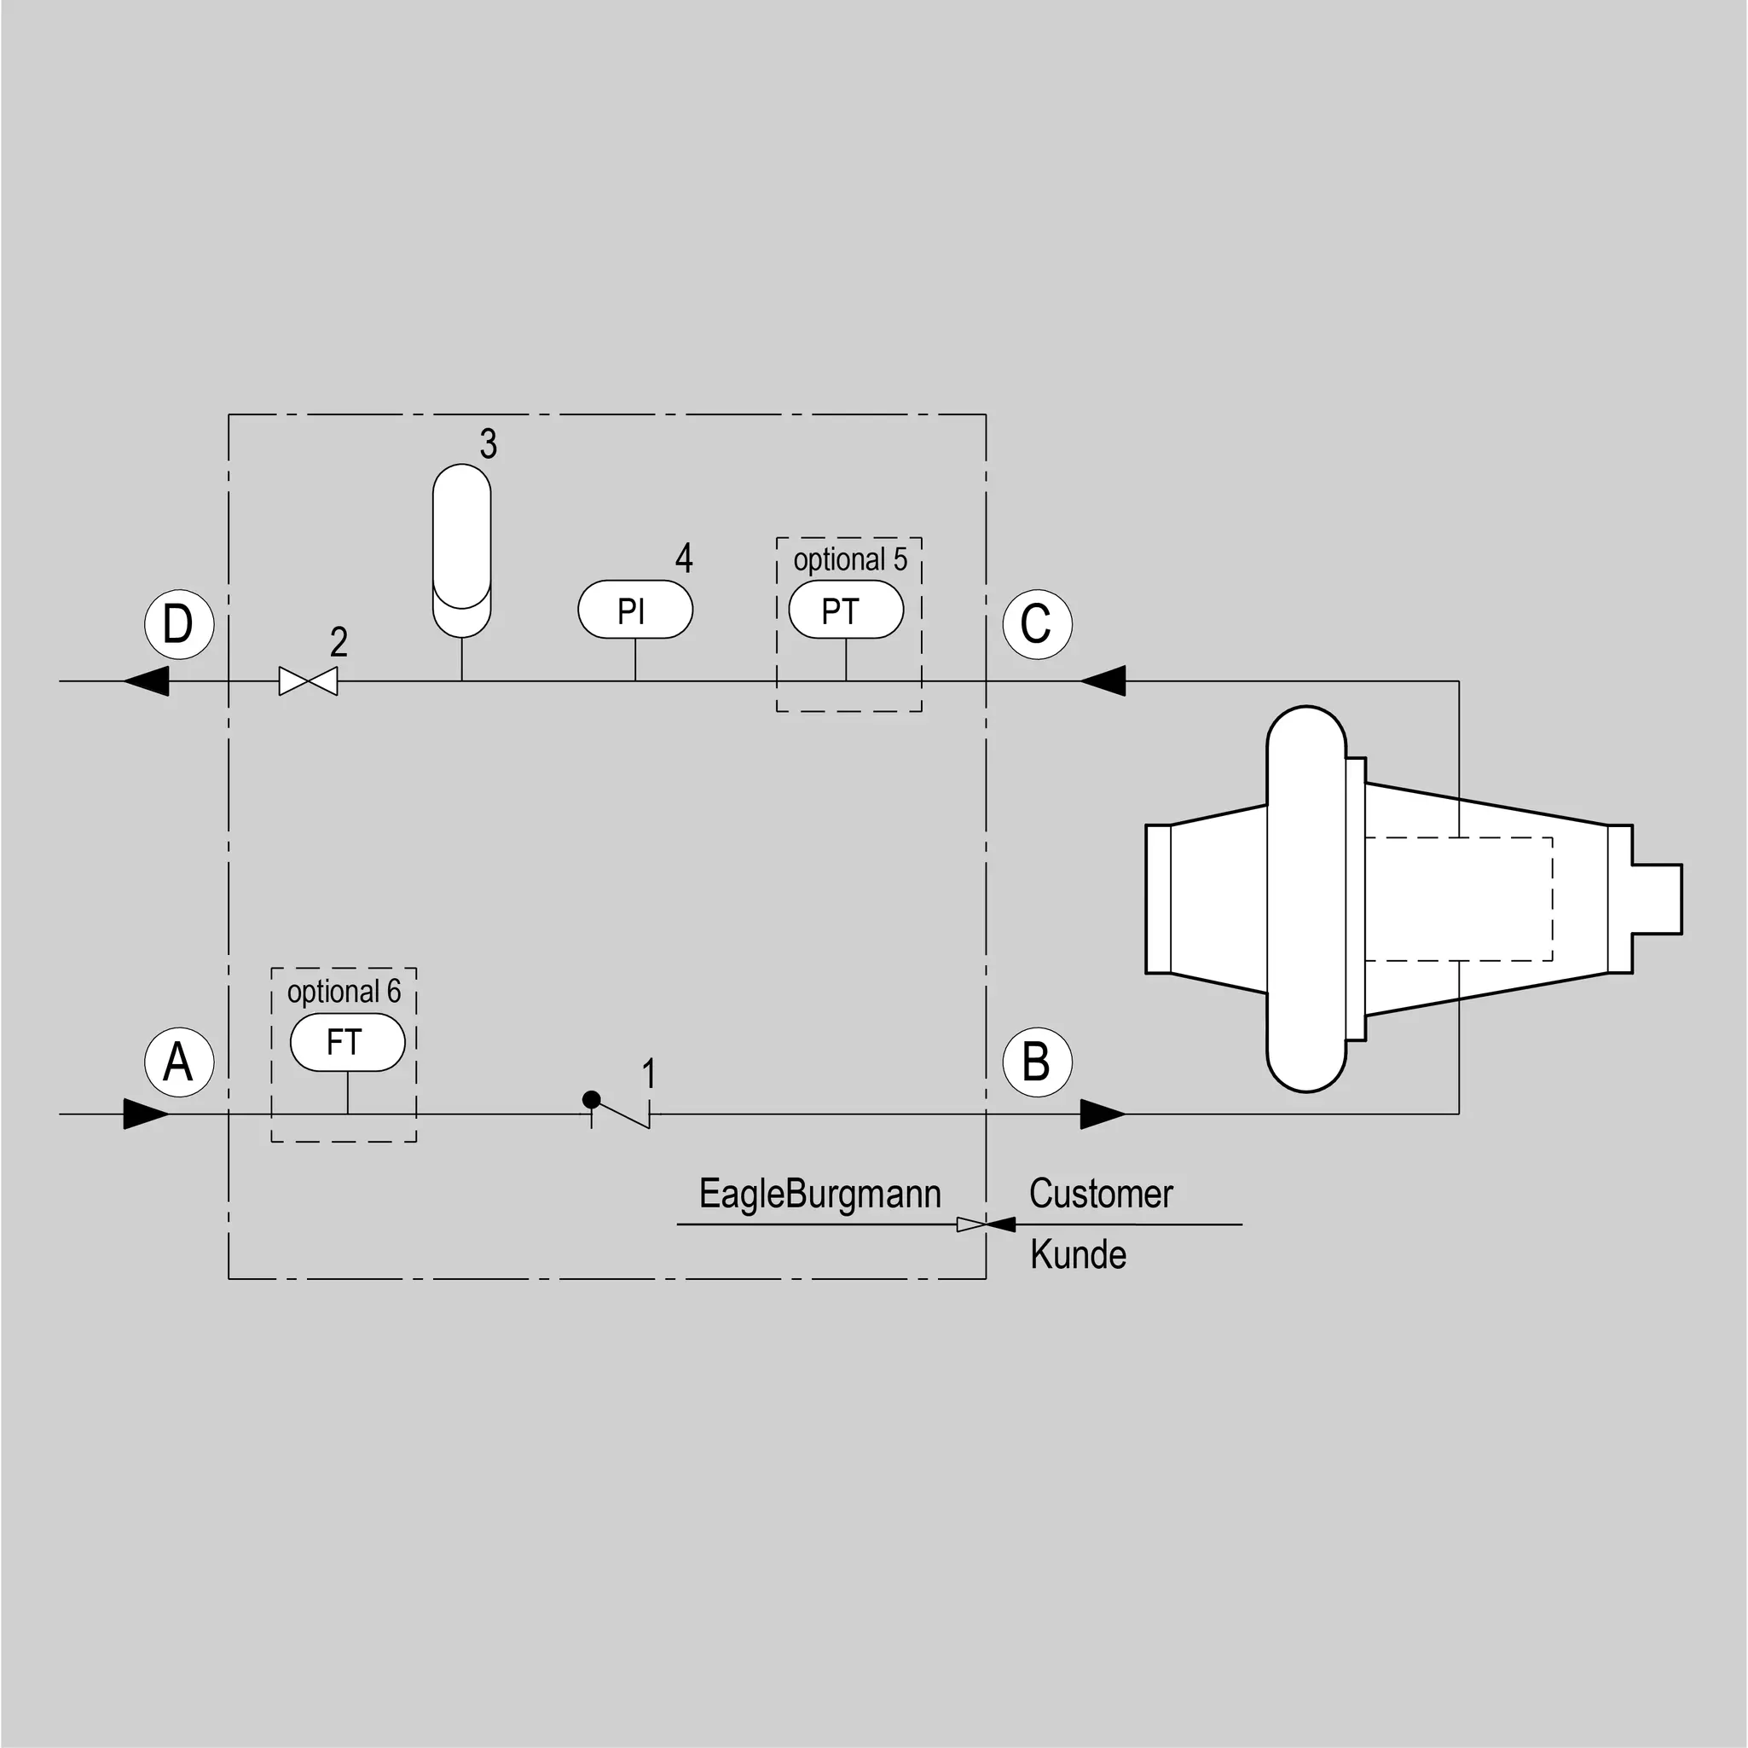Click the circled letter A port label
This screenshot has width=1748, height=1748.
pos(179,1062)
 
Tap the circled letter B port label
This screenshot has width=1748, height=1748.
pos(1037,1062)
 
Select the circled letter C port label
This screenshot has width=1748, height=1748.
pos(1037,623)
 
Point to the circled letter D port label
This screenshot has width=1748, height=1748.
pos(179,623)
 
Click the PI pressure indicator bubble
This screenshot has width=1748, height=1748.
pos(635,610)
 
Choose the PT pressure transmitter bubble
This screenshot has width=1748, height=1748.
pos(846,610)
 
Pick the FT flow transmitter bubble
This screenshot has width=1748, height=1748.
pos(347,1042)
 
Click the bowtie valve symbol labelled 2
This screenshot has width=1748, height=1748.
pos(309,681)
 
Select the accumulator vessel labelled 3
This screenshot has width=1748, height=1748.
pos(462,550)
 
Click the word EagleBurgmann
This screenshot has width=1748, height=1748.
pos(819,1194)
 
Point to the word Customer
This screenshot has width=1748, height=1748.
pos(1101,1194)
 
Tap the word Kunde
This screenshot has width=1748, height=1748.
pos(1079,1255)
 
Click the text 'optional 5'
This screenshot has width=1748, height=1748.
pos(850,559)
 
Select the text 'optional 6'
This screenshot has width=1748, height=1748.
pos(344,992)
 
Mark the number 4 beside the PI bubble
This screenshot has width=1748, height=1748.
pos(684,559)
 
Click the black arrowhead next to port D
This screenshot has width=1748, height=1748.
pos(146,681)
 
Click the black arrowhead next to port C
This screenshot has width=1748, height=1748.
pos(1103,681)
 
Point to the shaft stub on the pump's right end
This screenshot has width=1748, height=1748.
pos(1658,899)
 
